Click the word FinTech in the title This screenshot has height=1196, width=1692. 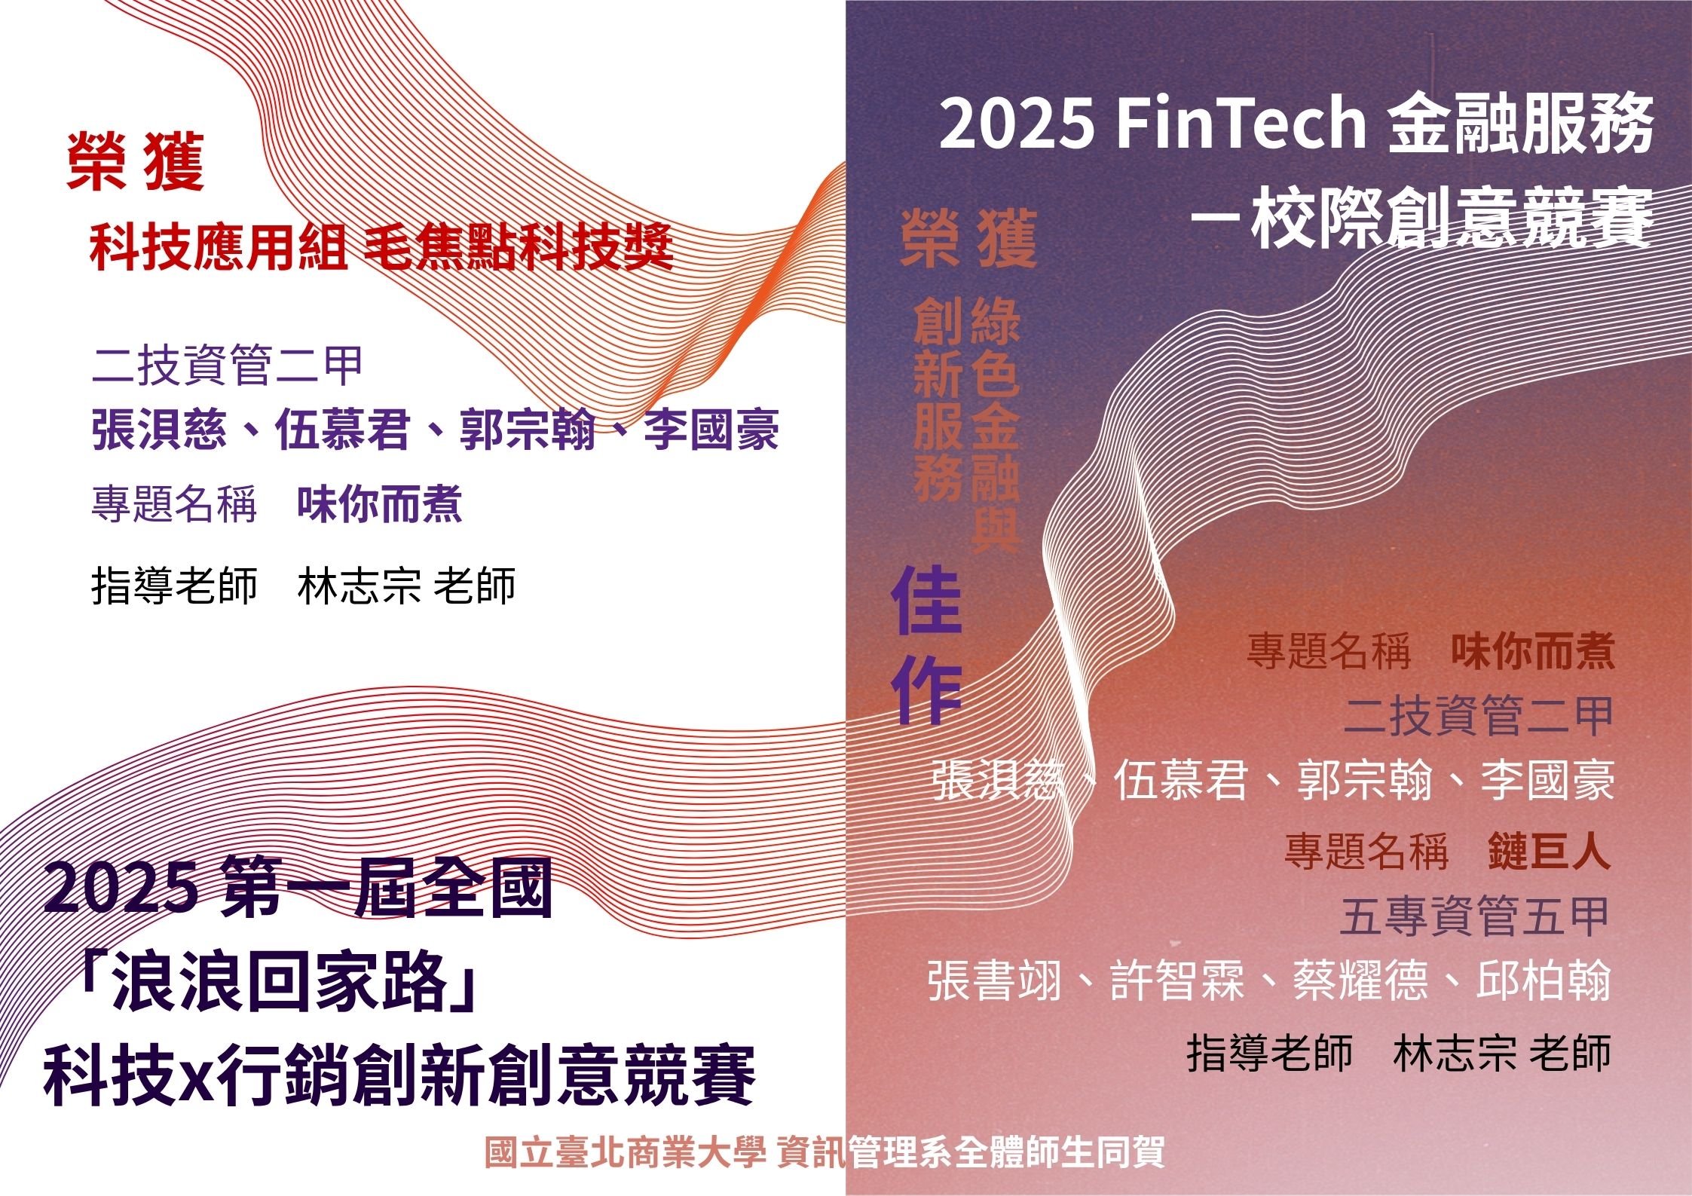click(1241, 124)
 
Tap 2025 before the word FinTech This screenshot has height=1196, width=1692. click(1017, 124)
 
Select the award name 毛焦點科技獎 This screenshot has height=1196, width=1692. click(519, 247)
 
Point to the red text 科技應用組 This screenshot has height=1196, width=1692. click(219, 247)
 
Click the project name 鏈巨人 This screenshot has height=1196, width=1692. click(1550, 852)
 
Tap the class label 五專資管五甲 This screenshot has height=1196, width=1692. click(1476, 916)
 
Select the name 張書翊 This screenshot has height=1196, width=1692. click(995, 980)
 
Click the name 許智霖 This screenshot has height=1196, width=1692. click(1177, 980)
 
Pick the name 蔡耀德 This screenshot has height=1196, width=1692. click(1360, 980)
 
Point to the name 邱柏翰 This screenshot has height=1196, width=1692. click(1544, 980)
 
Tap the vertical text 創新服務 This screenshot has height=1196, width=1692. click(938, 399)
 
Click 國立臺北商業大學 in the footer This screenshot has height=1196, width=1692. click(625, 1152)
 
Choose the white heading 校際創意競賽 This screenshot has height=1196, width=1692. click(1452, 219)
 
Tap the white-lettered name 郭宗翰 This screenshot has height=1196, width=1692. click(1364, 781)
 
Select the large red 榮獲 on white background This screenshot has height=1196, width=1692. click(136, 161)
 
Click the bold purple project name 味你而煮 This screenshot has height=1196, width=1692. click(379, 503)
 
